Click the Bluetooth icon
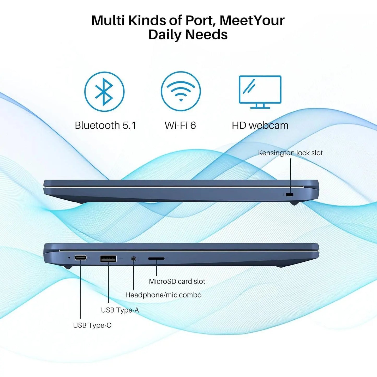(104, 92)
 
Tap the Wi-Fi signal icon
(181, 92)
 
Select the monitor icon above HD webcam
(260, 92)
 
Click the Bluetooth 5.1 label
(105, 125)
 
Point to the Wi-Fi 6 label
(180, 125)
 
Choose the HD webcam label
(260, 125)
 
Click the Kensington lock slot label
(290, 153)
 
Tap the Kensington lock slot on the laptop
(290, 195)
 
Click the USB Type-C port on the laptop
(80, 258)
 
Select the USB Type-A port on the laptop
(108, 259)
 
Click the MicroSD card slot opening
(156, 259)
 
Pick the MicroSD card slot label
(177, 281)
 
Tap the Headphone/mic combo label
(163, 295)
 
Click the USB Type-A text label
(120, 310)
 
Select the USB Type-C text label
(92, 325)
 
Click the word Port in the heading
(199, 20)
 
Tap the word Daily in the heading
(165, 35)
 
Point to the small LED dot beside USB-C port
(69, 258)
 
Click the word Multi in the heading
(108, 20)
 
